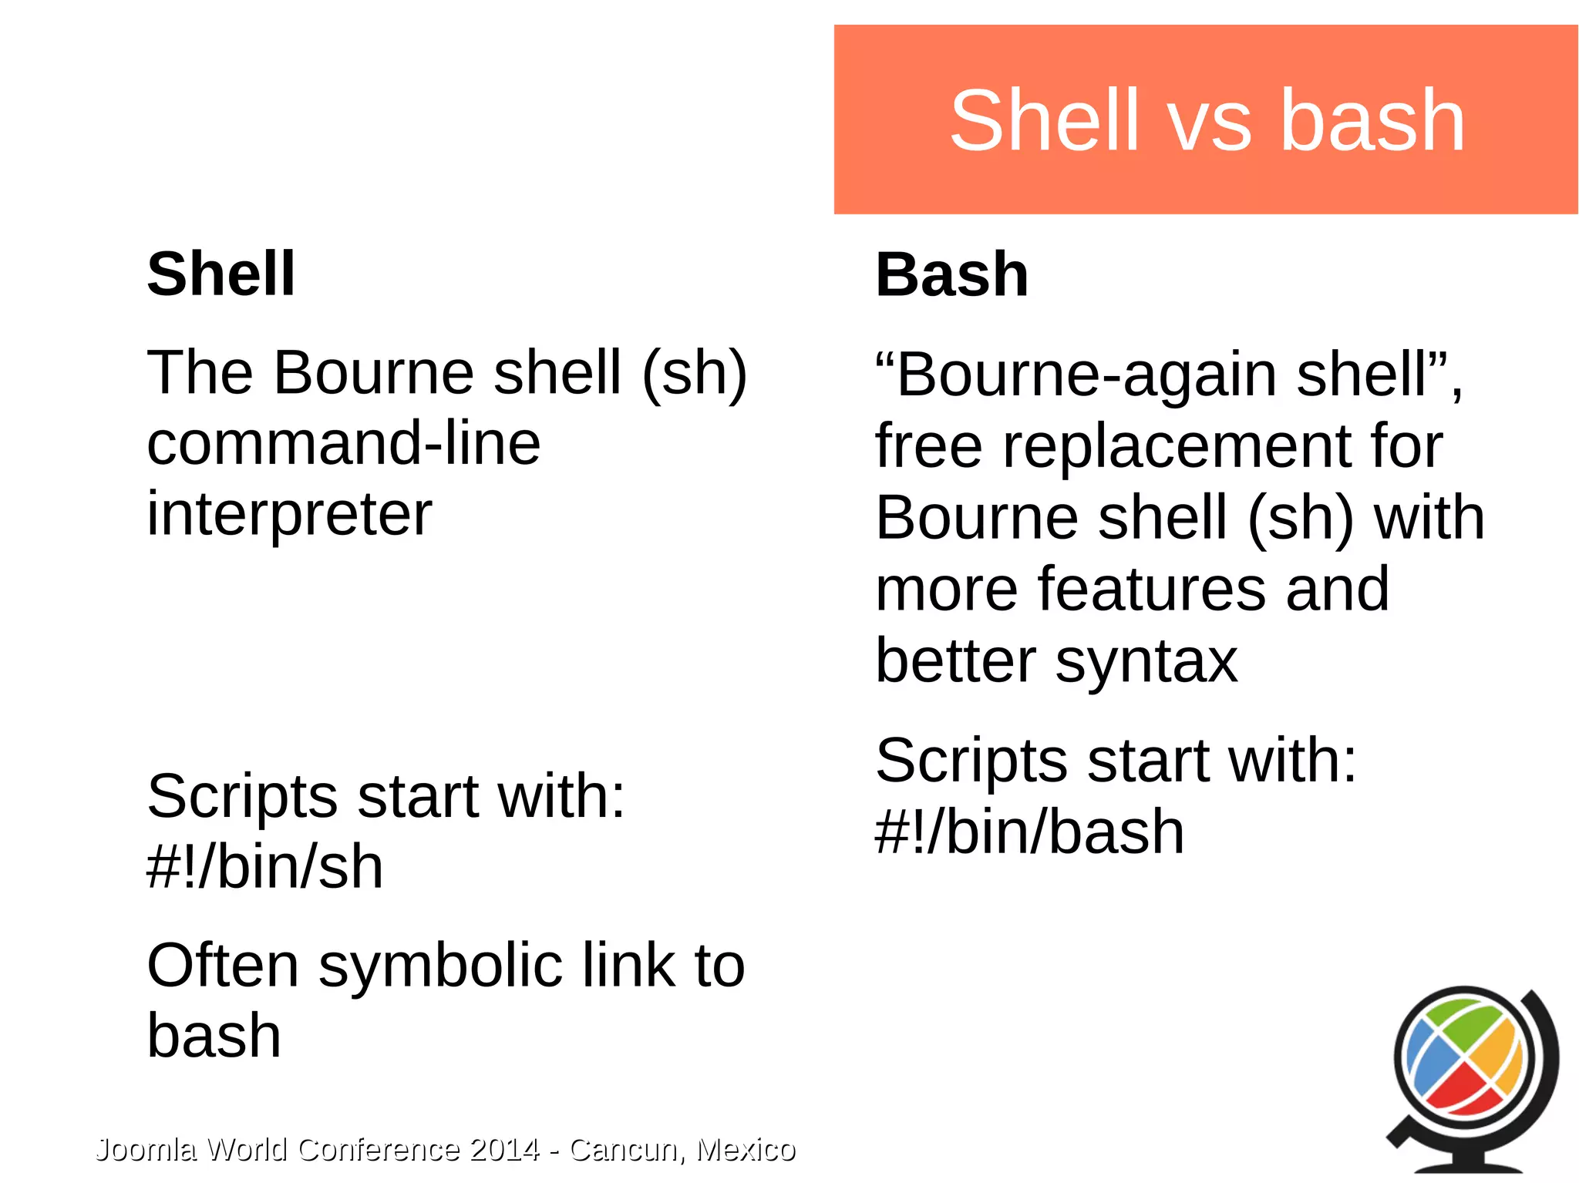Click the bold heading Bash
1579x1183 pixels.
click(951, 275)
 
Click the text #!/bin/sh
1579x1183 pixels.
click(264, 867)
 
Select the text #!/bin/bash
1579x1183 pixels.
click(1029, 832)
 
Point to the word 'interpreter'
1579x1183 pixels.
click(289, 515)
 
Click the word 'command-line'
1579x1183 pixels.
click(343, 444)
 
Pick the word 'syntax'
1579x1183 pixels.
click(1146, 661)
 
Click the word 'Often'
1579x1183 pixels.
click(223, 966)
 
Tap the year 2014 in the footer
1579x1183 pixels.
click(504, 1150)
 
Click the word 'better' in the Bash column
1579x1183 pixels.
click(955, 661)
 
